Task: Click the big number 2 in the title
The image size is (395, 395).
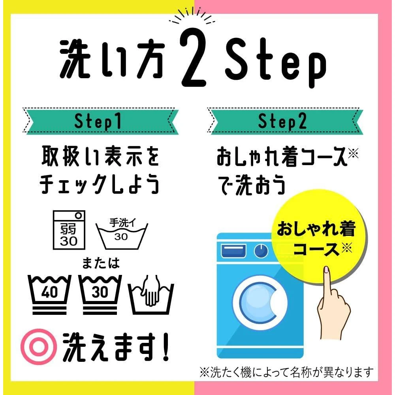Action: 194,57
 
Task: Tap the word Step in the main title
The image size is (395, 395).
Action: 275,62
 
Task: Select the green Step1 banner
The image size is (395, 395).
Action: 101,121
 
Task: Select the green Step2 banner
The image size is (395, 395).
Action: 285,121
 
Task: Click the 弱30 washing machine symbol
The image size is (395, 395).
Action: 69,230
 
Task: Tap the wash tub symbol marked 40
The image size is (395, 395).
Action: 49,295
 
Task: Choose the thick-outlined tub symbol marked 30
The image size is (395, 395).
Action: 100,295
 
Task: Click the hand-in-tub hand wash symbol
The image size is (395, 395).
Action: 151,295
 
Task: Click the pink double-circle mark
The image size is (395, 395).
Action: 39,347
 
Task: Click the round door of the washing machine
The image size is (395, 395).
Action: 260,303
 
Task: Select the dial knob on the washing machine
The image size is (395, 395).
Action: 261,250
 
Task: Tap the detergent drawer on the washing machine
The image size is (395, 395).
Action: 233,251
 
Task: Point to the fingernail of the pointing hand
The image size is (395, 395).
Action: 327,269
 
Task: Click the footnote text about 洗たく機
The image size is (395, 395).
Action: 287,372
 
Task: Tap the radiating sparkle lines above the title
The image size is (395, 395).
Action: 192,16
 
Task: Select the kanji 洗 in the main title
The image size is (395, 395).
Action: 75,58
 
